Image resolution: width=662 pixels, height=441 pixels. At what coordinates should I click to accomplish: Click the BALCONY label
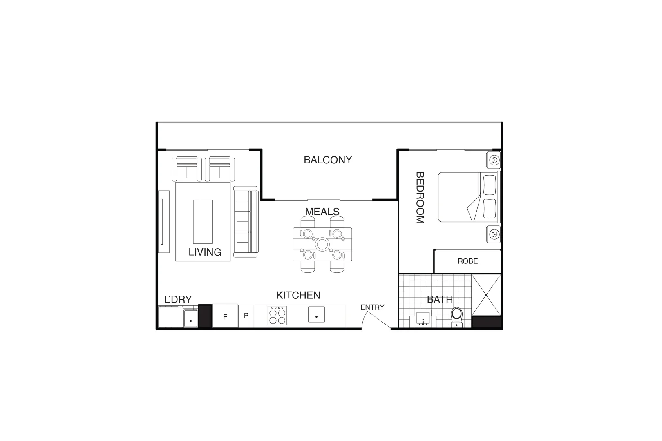pyautogui.click(x=328, y=160)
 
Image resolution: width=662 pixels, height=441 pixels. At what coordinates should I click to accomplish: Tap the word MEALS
pyautogui.click(x=322, y=212)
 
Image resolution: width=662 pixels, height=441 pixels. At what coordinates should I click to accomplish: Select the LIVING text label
pyautogui.click(x=205, y=252)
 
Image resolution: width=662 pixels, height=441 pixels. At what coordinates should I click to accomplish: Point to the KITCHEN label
pyautogui.click(x=298, y=295)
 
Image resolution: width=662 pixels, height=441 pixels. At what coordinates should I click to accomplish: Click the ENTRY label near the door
pyautogui.click(x=372, y=307)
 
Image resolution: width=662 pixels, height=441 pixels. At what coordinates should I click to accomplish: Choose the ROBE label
pyautogui.click(x=467, y=261)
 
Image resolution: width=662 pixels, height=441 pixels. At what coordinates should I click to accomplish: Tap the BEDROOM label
pyautogui.click(x=420, y=198)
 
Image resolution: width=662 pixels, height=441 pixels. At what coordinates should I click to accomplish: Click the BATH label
pyautogui.click(x=440, y=299)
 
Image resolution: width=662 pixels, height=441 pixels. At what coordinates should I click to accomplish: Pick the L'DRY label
pyautogui.click(x=178, y=299)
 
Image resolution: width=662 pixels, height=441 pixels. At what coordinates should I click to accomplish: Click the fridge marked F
pyautogui.click(x=225, y=316)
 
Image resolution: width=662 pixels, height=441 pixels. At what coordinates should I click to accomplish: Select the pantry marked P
pyautogui.click(x=246, y=316)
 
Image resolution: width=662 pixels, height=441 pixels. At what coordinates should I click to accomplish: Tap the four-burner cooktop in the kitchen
pyautogui.click(x=277, y=316)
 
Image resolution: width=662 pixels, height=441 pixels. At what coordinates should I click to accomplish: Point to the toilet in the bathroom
pyautogui.click(x=456, y=316)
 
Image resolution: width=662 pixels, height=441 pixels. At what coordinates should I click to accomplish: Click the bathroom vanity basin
pyautogui.click(x=423, y=318)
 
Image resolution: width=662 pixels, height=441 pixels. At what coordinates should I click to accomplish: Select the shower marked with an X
pyautogui.click(x=486, y=295)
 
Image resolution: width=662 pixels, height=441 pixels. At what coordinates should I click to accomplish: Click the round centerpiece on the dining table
pyautogui.click(x=322, y=245)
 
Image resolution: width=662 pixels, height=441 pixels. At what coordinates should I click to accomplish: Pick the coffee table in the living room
pyautogui.click(x=203, y=221)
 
